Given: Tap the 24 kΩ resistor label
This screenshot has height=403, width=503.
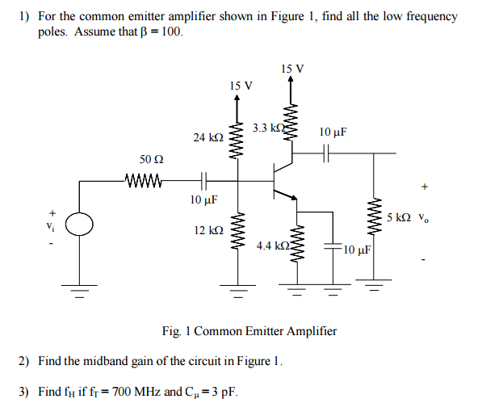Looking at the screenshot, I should [x=207, y=138].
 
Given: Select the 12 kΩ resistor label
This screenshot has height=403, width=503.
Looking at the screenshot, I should [x=208, y=230].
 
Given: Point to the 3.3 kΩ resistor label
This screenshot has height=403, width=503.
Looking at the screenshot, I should [x=268, y=128].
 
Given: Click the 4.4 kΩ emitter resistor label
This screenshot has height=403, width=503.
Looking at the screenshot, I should [x=272, y=245].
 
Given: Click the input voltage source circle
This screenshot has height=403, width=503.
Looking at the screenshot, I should [x=80, y=224].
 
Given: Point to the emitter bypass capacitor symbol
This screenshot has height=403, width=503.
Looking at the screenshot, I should [x=332, y=245].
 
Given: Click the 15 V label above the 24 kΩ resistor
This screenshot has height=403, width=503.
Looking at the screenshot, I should [x=240, y=86].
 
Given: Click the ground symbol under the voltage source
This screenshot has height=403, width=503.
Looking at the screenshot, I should [x=80, y=292].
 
